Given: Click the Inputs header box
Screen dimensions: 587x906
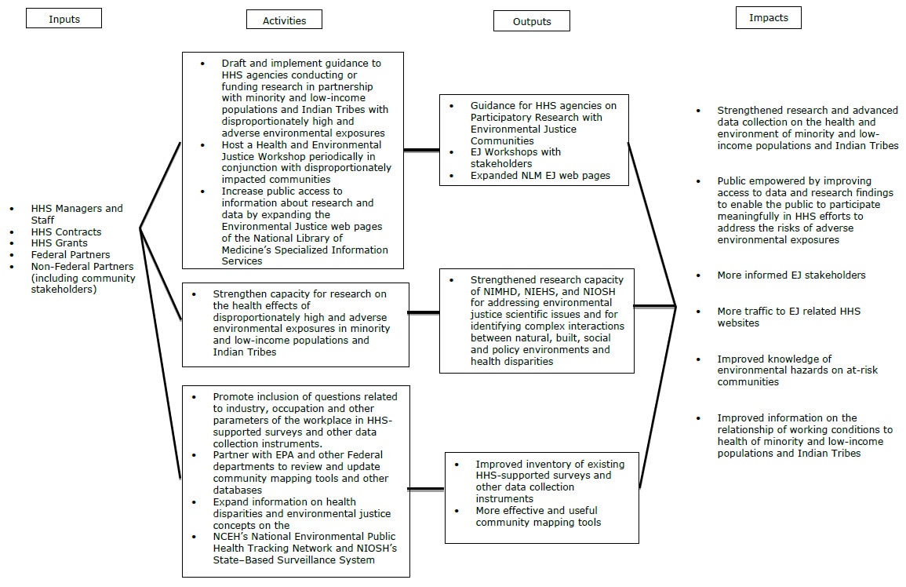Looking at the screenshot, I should click(64, 19).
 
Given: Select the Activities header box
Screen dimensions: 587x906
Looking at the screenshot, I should click(284, 20).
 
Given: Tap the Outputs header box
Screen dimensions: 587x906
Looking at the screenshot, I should click(531, 21).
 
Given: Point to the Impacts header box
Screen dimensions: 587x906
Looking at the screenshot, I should click(768, 18).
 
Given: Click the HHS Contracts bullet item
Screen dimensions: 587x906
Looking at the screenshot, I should click(66, 232).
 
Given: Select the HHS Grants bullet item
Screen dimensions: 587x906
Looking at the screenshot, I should click(59, 243).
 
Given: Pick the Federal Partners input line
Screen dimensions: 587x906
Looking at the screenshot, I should click(71, 255).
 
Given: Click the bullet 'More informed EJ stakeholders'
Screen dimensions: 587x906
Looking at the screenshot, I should click(791, 275).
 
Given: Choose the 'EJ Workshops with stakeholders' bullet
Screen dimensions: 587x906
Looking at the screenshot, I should click(515, 158).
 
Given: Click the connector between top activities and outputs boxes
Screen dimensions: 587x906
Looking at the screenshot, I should click(421, 149).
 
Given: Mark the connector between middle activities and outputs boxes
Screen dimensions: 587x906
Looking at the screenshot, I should click(424, 312).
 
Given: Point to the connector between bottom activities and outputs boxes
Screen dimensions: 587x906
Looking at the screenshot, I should click(426, 490).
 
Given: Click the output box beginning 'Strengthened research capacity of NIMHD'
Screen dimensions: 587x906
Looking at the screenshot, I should click(537, 320).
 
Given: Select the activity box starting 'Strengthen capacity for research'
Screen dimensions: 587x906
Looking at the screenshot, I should click(295, 324).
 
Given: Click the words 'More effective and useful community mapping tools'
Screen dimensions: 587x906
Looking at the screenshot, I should click(538, 516).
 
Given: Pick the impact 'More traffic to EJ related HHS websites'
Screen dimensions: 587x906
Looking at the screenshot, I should click(788, 317).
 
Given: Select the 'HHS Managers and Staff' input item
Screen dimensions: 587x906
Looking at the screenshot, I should click(77, 214).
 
